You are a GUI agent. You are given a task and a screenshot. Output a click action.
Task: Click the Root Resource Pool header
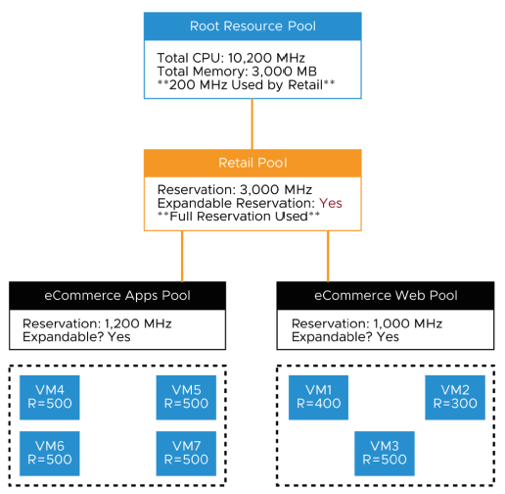(x=252, y=25)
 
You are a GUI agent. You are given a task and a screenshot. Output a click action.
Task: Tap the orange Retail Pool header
(x=252, y=162)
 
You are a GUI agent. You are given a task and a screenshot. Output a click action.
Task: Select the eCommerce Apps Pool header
(x=117, y=295)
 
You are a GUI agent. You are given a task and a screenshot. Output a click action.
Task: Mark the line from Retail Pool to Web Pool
(x=327, y=256)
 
